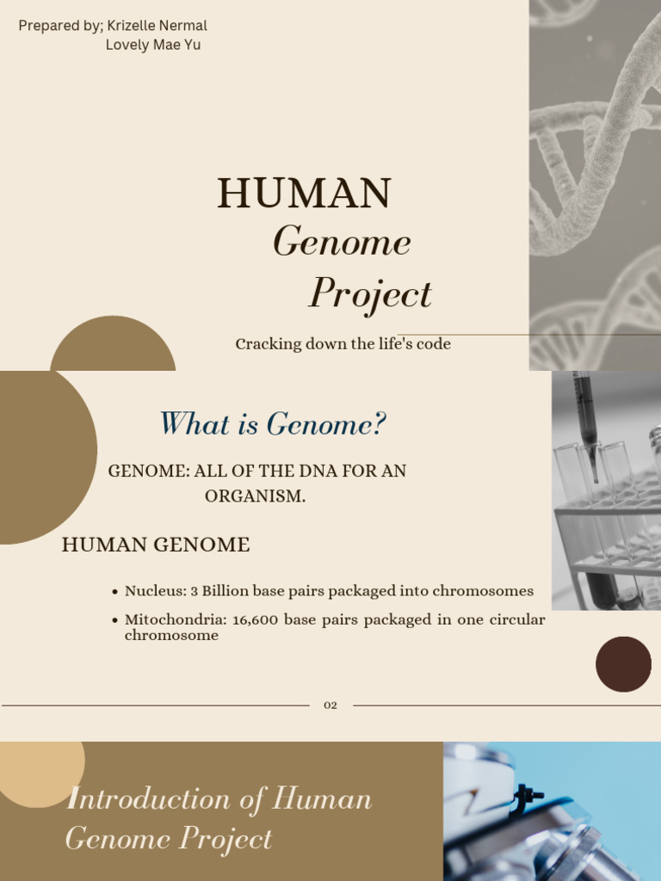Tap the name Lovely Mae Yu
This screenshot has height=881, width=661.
(x=153, y=45)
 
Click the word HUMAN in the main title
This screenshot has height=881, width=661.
(x=304, y=194)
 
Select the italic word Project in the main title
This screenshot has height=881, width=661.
(x=370, y=293)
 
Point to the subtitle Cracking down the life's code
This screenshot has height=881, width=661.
(x=343, y=344)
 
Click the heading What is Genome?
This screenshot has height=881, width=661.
(x=273, y=424)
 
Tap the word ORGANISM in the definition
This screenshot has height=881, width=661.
(x=254, y=496)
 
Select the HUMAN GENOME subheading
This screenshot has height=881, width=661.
(x=156, y=545)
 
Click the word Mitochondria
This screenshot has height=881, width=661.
(x=175, y=619)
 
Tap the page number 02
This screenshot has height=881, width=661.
(x=330, y=705)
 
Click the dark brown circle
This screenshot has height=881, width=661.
(x=623, y=664)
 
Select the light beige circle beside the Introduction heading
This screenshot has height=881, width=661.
(x=39, y=770)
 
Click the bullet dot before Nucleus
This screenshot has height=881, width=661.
(x=115, y=592)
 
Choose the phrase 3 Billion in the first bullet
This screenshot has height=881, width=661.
(x=219, y=591)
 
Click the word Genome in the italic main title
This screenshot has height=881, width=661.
(x=342, y=242)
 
